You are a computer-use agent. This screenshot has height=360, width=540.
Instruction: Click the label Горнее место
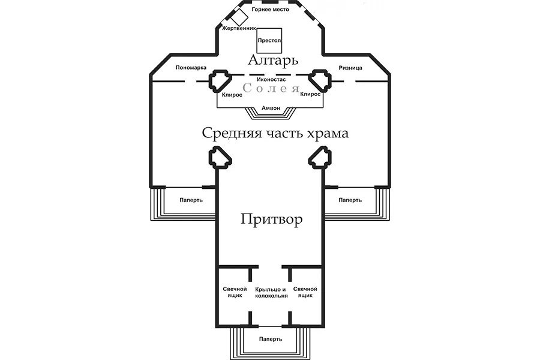pyautogui.click(x=269, y=10)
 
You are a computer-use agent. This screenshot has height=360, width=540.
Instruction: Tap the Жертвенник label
pyautogui.click(x=239, y=28)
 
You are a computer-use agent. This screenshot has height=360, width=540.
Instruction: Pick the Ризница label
pyautogui.click(x=350, y=67)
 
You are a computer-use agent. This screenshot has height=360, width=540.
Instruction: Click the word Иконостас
pyautogui.click(x=270, y=79)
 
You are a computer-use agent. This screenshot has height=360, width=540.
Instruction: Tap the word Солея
pyautogui.click(x=271, y=89)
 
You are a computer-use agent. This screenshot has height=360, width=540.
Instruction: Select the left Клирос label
pyautogui.click(x=232, y=95)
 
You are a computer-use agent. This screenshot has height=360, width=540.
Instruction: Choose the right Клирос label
pyautogui.click(x=310, y=95)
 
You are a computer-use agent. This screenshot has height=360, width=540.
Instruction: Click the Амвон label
pyautogui.click(x=270, y=109)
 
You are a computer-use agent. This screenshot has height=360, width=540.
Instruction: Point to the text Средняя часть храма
pyautogui.click(x=275, y=133)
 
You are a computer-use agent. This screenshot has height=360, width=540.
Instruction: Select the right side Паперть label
pyautogui.click(x=350, y=200)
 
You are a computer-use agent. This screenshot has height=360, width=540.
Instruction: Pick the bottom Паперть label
pyautogui.click(x=271, y=339)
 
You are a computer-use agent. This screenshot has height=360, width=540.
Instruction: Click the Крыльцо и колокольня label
pyautogui.click(x=271, y=292)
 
